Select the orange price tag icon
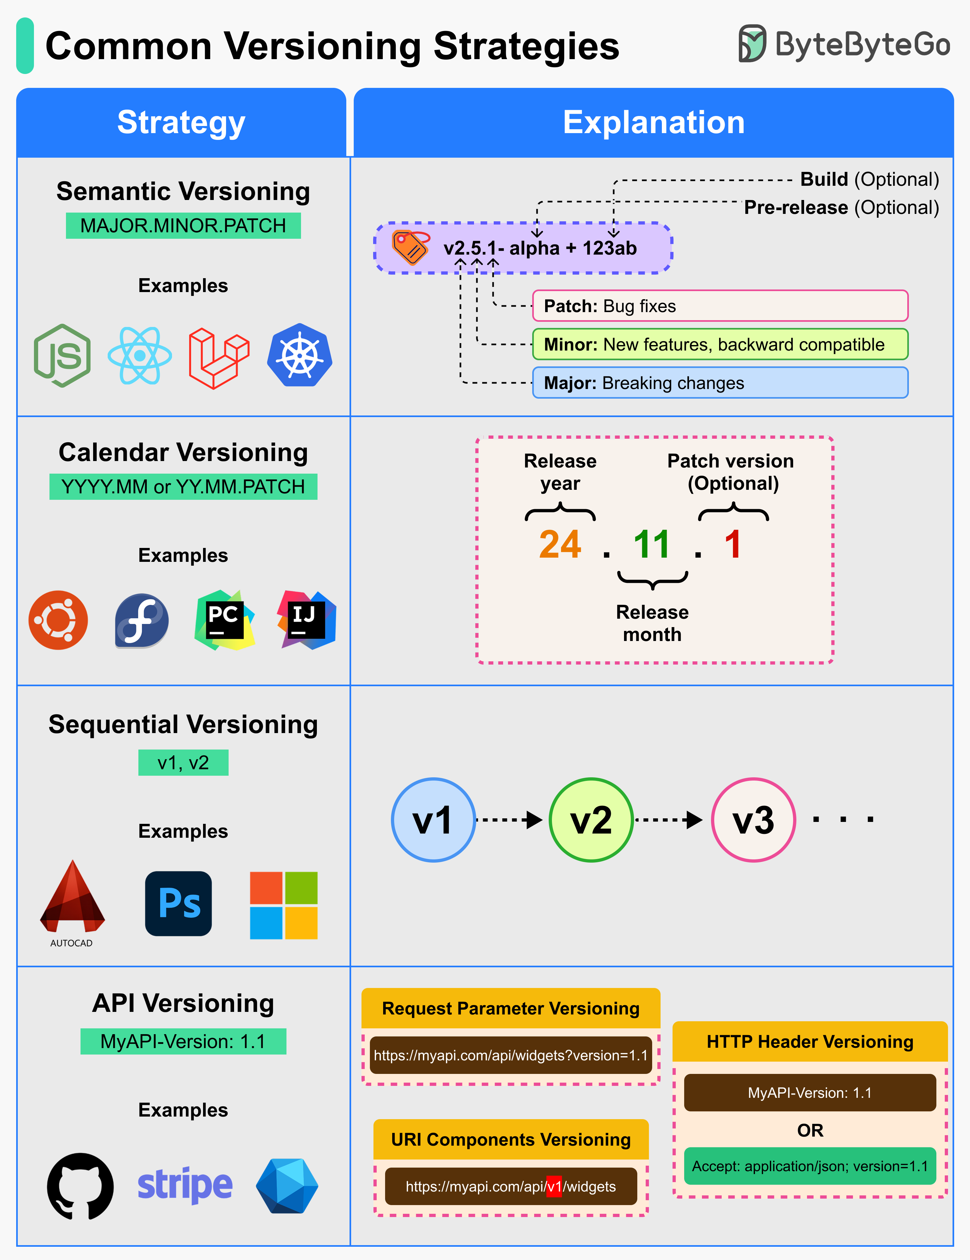(410, 247)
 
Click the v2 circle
(591, 820)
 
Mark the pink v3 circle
(753, 820)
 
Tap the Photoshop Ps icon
(178, 903)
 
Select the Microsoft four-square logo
(284, 905)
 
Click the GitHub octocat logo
(80, 1186)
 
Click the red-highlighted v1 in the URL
(554, 1187)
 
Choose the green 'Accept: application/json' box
(810, 1166)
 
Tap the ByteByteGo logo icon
(752, 44)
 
